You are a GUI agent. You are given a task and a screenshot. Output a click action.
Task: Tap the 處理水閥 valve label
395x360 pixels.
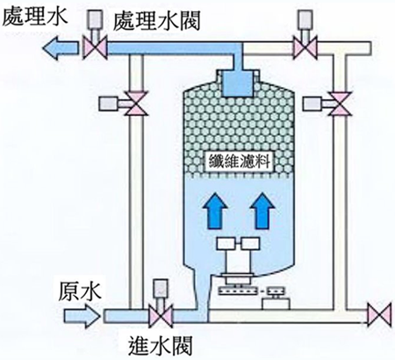click(157, 20)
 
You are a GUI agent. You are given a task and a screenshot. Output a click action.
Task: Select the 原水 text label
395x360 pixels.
click(80, 291)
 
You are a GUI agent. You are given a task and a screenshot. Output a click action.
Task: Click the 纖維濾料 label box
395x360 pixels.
click(240, 161)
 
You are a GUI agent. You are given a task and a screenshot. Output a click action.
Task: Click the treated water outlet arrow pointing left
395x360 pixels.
click(61, 47)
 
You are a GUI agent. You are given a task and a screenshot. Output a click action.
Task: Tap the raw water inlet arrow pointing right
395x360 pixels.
click(83, 316)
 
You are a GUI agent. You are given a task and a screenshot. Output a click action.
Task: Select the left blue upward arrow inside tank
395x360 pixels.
click(215, 211)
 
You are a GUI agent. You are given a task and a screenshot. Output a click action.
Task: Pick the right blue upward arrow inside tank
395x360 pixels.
click(262, 211)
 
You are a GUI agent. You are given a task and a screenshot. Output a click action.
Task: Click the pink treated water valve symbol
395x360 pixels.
click(95, 48)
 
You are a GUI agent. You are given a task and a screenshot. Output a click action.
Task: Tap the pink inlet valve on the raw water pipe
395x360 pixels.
click(161, 317)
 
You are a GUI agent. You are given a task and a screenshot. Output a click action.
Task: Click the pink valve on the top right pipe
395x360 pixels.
click(305, 48)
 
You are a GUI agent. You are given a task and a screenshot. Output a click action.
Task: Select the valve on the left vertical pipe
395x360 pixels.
click(135, 104)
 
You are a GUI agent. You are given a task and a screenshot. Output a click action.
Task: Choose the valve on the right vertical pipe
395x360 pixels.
click(340, 104)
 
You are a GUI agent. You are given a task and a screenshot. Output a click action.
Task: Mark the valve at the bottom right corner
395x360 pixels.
click(379, 314)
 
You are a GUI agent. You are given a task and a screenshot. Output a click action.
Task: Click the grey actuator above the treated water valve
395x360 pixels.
click(95, 19)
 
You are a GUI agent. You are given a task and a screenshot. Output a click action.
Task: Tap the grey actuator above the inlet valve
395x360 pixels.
click(161, 288)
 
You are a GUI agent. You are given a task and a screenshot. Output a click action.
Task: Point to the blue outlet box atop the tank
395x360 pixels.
click(237, 83)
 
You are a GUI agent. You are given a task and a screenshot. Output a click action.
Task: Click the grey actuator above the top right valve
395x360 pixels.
click(304, 19)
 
